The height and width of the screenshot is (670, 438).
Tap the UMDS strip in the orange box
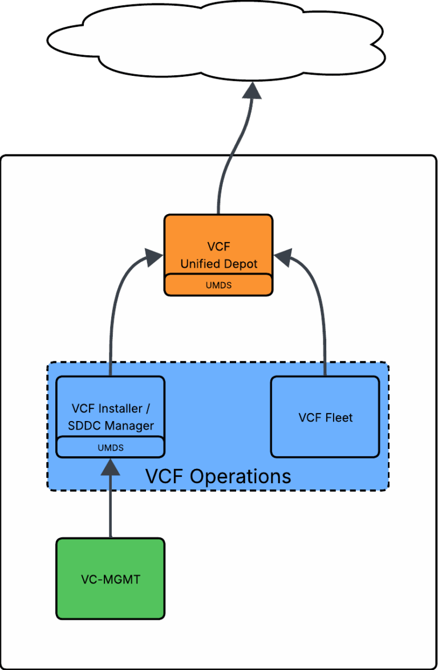218,285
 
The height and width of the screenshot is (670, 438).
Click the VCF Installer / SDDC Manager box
110,407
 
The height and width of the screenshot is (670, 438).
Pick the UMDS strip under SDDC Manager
110,447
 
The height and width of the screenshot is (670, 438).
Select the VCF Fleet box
325,417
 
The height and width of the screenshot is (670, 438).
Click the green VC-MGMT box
110,579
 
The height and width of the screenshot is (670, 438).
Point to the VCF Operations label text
218,476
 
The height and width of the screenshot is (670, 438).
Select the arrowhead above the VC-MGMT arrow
110,467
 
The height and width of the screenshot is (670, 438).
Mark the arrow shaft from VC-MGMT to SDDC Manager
110,507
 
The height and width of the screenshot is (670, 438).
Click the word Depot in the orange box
240,264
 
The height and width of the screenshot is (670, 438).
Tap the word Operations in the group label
240,476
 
